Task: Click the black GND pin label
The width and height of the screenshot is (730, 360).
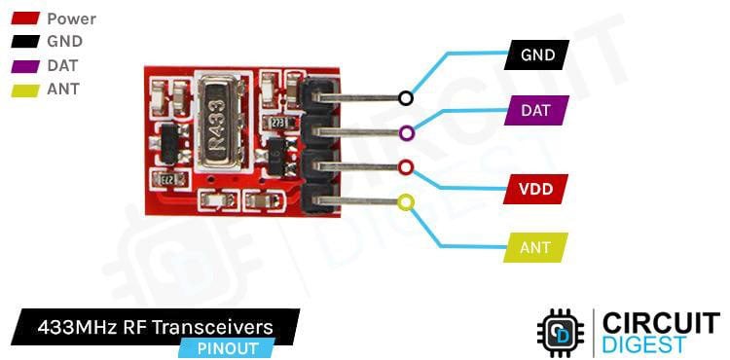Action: (x=537, y=54)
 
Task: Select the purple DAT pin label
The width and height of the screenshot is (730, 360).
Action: (x=536, y=111)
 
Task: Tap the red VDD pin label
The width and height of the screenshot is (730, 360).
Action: (x=536, y=189)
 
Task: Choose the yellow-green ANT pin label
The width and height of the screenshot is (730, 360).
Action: (x=535, y=247)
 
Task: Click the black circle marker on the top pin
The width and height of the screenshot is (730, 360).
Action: (x=406, y=97)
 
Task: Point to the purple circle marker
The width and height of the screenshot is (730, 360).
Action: (x=406, y=132)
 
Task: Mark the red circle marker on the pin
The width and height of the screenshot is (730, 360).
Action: (x=406, y=167)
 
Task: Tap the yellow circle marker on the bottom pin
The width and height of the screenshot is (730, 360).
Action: (x=406, y=202)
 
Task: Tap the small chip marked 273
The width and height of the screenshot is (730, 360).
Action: (x=277, y=123)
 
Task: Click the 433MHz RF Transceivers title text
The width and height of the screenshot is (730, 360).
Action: (x=156, y=326)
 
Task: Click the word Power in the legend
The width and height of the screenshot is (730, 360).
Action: (x=71, y=18)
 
